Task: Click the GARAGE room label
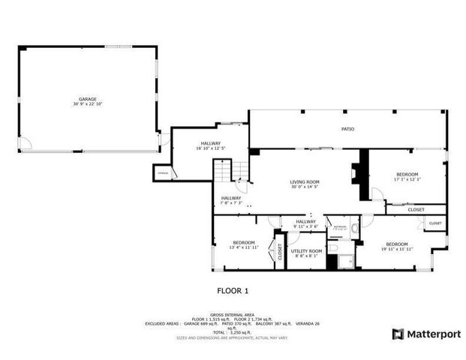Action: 88,98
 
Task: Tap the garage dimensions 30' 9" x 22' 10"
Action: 88,103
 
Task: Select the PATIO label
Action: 347,129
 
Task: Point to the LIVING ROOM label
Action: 305,181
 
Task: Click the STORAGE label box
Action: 163,173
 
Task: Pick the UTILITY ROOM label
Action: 306,250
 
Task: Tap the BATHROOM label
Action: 340,226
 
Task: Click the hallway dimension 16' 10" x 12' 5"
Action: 210,148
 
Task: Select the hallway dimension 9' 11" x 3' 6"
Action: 306,226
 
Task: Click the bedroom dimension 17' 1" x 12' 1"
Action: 407,178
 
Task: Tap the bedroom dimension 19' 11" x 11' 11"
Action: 396,248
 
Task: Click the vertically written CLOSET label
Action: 279,253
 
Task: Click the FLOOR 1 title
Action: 233,290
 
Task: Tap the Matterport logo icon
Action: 398,334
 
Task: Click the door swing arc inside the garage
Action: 26,142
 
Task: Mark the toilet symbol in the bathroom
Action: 354,226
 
